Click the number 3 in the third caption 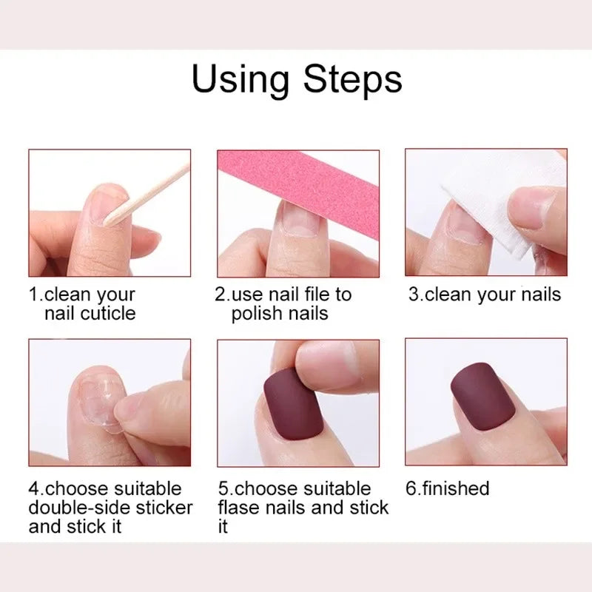point(414,294)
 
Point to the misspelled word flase point(243,508)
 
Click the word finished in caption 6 point(457,488)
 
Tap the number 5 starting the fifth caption point(223,488)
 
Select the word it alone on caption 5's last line point(223,527)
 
